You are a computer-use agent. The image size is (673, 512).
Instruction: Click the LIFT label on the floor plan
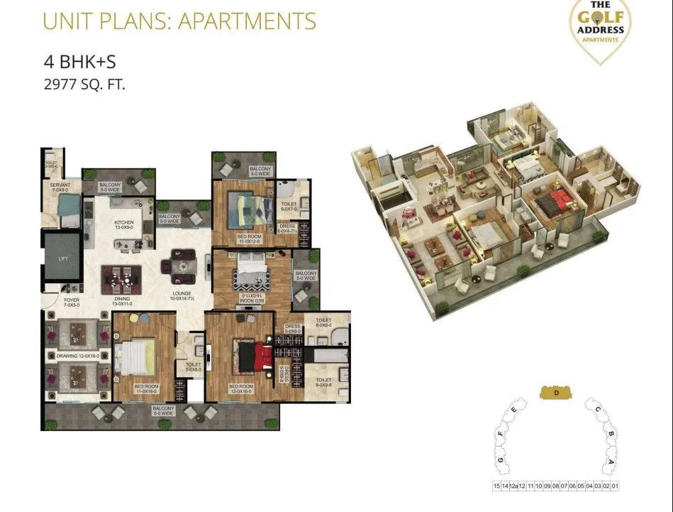(62, 258)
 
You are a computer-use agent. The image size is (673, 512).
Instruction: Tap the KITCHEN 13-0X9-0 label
(124, 224)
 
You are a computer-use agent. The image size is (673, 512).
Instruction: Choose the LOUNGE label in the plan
(183, 295)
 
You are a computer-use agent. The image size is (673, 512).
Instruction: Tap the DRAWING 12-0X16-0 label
(79, 355)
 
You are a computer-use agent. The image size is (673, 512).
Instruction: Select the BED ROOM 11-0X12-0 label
(249, 239)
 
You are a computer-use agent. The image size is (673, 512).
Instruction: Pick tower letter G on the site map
(500, 462)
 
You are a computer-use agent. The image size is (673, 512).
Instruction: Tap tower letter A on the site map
(611, 461)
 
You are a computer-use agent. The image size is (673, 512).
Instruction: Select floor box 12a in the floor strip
(513, 486)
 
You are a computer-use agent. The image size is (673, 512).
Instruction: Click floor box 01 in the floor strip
(615, 486)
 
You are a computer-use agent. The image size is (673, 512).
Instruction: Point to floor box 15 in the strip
(495, 486)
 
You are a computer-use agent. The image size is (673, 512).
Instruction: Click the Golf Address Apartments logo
(601, 29)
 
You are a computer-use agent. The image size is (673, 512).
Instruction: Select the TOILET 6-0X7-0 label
(289, 206)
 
